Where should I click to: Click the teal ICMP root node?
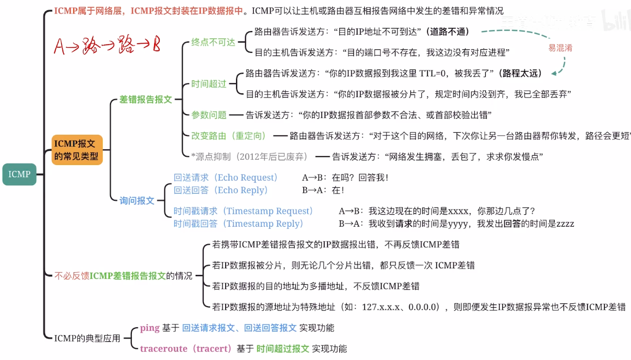coord(19,174)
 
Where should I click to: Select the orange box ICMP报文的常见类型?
coord(77,149)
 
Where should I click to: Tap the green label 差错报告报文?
coord(145,99)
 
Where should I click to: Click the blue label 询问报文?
coord(137,200)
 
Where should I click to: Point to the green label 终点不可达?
coord(213,42)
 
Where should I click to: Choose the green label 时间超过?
coord(209,84)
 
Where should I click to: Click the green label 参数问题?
coord(209,115)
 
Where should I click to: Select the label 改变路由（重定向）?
coord(229,136)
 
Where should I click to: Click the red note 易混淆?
coord(560,48)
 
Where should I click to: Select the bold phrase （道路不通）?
coord(447,32)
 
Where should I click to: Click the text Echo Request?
coord(248,177)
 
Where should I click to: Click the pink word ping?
coord(149,328)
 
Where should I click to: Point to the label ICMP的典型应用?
coord(87,338)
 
